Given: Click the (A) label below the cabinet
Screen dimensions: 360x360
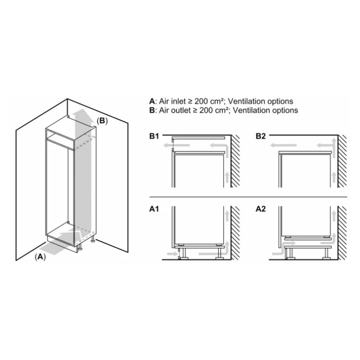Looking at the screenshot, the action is [x=40, y=257].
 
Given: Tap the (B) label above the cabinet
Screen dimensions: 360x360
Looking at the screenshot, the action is [x=102, y=121].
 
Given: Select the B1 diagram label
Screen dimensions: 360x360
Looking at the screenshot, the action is [x=154, y=136].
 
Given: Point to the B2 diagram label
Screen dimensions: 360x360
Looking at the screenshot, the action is [x=261, y=136].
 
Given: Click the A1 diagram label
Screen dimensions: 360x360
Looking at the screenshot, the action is [x=154, y=209].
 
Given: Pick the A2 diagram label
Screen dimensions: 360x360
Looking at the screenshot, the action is [x=261, y=209].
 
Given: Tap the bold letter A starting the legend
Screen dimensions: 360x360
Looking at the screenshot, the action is [x=152, y=101].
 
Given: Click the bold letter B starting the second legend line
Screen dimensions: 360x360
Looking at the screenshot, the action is [x=152, y=110].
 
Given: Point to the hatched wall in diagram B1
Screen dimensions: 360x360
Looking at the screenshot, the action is [x=235, y=161].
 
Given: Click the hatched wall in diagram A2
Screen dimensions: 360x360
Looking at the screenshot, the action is [x=342, y=233].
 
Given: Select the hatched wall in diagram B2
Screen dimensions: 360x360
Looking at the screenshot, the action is [x=342, y=161].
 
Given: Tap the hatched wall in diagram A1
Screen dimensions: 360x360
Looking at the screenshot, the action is [x=235, y=233].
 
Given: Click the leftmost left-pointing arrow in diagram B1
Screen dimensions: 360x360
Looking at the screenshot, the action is [x=177, y=145].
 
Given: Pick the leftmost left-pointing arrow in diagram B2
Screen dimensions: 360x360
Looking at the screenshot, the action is [x=283, y=145].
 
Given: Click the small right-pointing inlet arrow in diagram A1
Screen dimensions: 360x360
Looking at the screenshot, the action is [x=172, y=254].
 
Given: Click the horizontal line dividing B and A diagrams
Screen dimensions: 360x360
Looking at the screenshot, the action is [x=248, y=197].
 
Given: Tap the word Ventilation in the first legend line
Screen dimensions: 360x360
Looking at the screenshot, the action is [x=246, y=101].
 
